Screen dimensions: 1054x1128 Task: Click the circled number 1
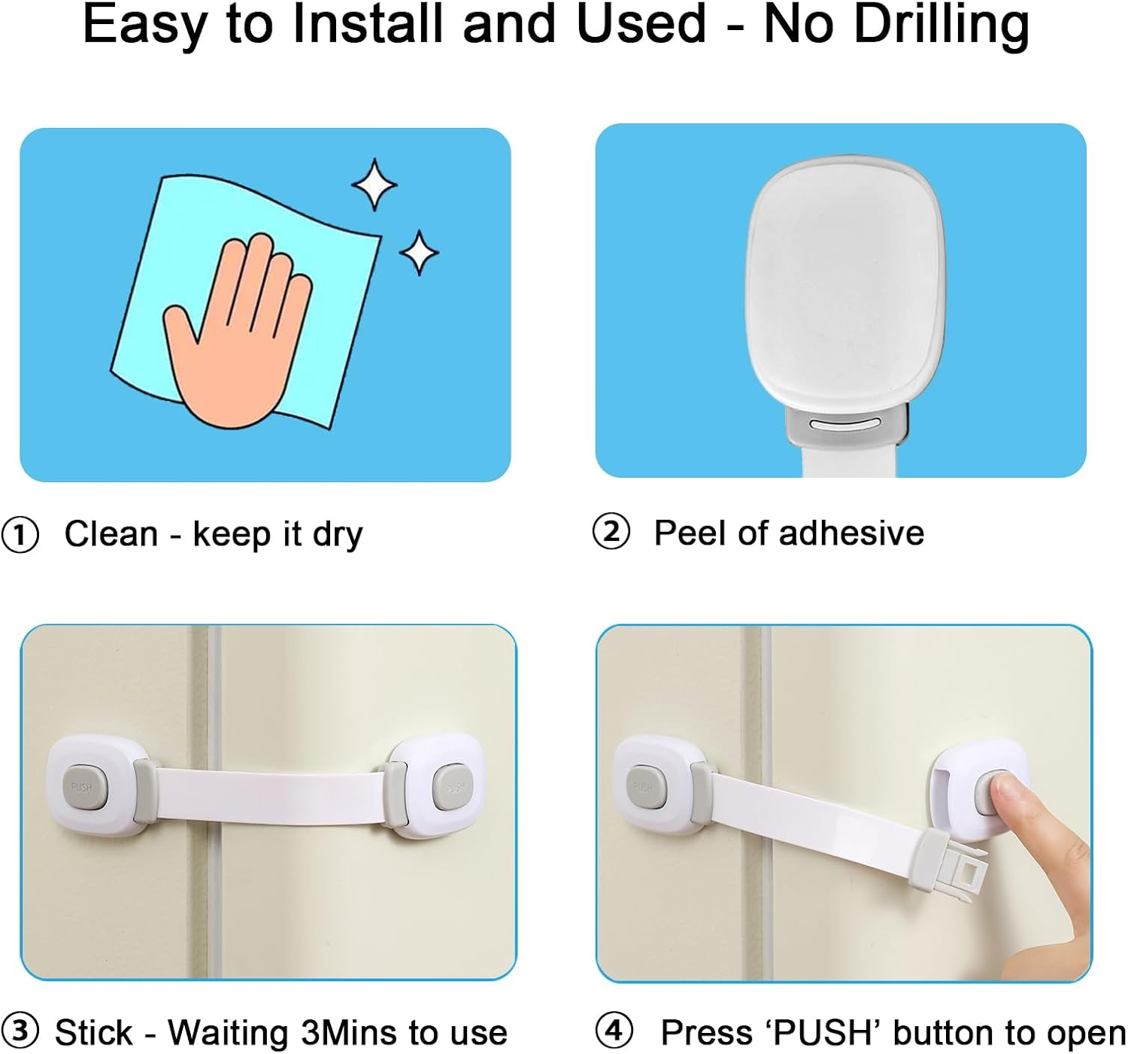click(20, 536)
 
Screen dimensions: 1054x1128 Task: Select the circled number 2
click(611, 533)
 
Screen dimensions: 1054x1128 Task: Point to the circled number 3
click(20, 1031)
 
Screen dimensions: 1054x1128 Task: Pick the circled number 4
click(614, 1031)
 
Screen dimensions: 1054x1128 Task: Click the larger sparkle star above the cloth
click(374, 184)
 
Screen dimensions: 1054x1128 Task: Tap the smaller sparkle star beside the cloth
click(418, 252)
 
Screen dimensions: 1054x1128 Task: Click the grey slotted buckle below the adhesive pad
click(847, 426)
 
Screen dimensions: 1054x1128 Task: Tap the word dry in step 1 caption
click(338, 535)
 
